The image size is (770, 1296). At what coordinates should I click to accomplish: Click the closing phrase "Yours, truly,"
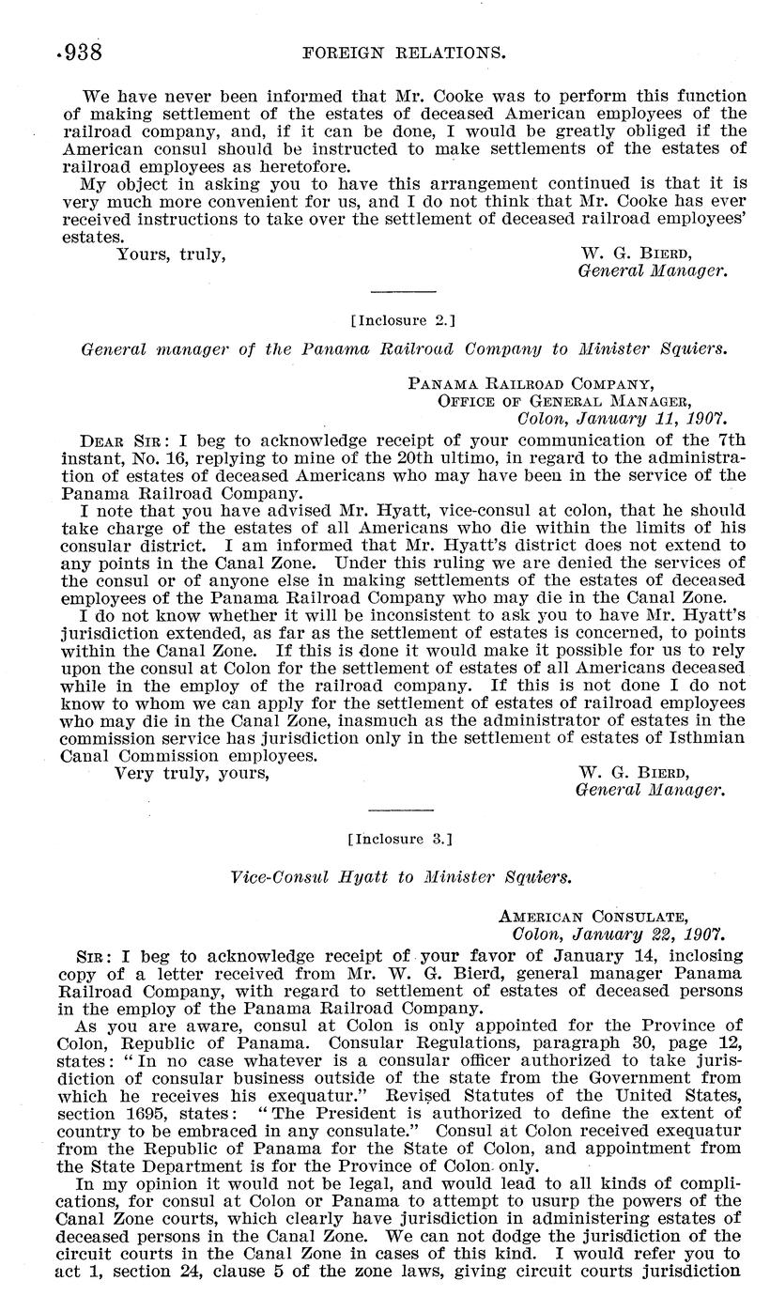[170, 254]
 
